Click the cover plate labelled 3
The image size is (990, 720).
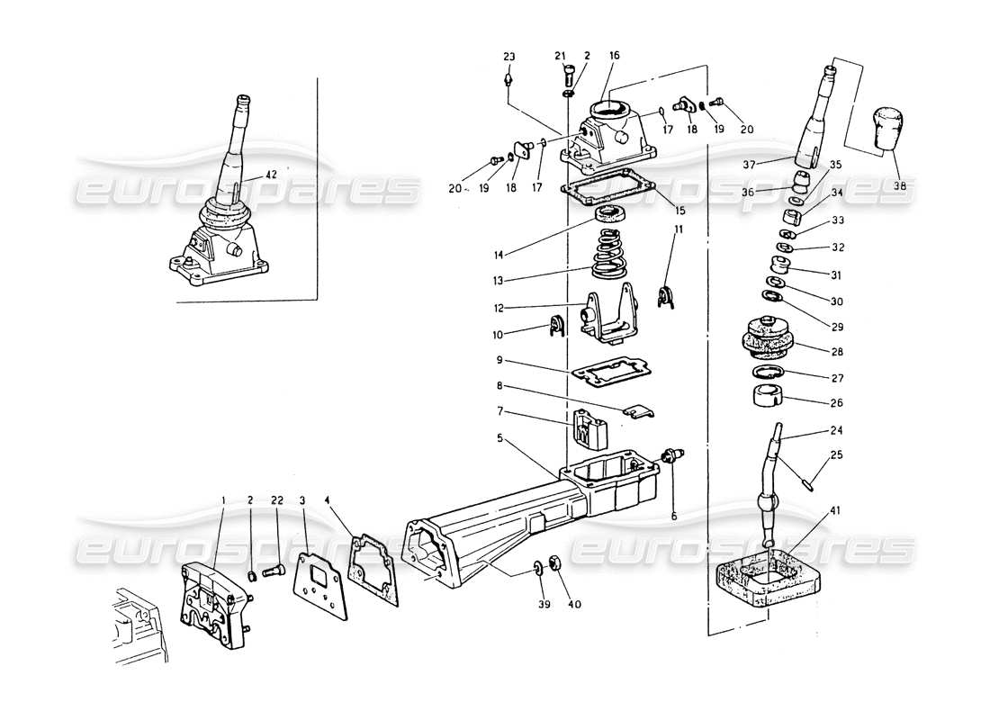(319, 583)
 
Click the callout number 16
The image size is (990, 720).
(615, 55)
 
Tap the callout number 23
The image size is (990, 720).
(509, 57)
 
